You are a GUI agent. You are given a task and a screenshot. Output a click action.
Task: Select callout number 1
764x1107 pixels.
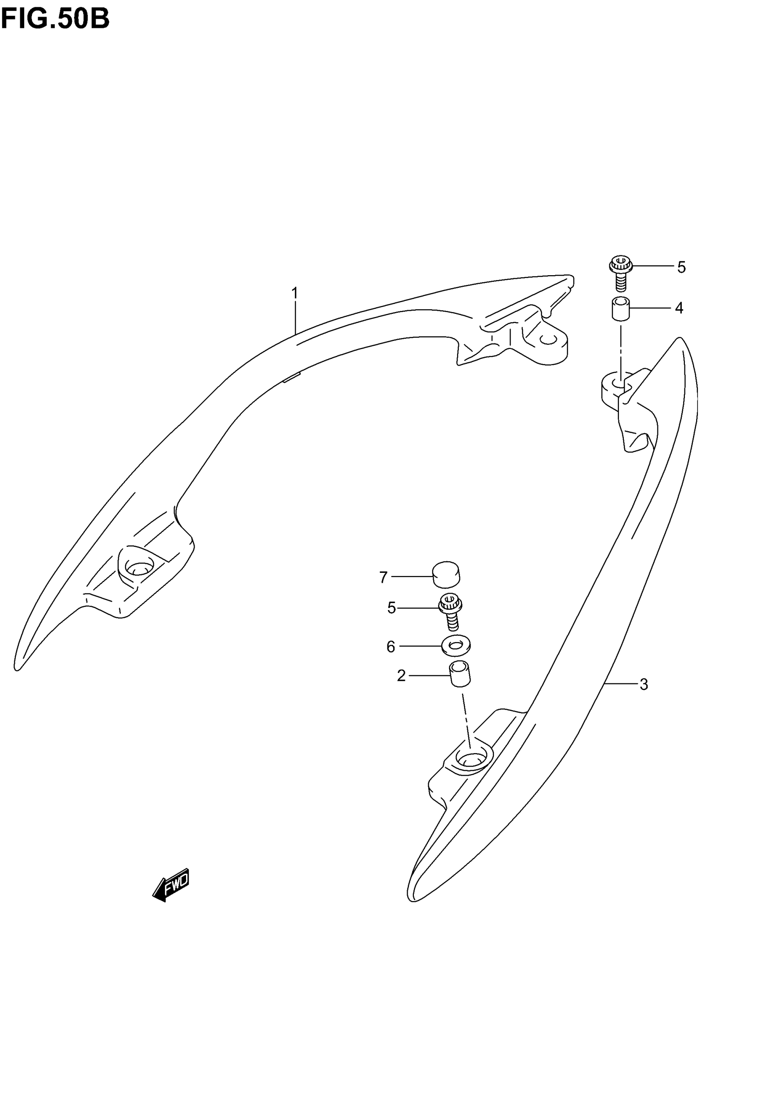coord(295,293)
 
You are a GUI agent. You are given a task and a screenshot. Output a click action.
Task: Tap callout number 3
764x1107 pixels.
coord(644,685)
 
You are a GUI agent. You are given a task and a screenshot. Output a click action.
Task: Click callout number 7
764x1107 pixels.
coord(383,578)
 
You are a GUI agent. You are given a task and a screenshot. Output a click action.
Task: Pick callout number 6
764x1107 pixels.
coord(391,647)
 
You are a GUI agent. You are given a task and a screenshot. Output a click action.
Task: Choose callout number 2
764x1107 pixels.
coord(401,676)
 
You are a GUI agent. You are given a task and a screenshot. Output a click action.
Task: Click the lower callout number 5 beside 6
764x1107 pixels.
coord(391,608)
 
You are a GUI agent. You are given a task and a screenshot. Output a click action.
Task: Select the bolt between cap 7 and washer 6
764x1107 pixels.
coord(451,612)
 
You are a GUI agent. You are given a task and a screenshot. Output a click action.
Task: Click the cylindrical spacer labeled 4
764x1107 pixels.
coord(620,308)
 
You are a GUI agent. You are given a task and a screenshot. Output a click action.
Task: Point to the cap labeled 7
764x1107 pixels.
coord(446,574)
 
